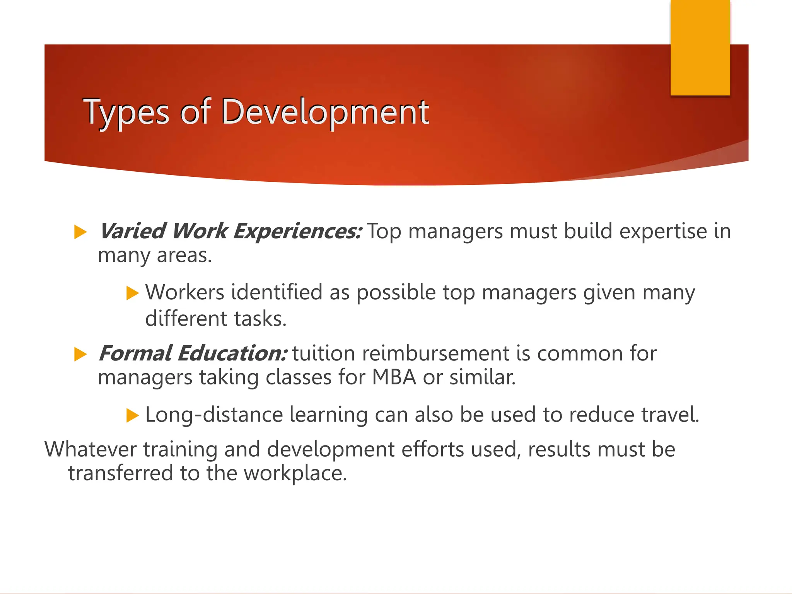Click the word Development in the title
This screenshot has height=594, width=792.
pos(325,112)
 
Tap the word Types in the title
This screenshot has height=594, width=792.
pos(126,112)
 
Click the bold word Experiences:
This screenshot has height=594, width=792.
pos(298,231)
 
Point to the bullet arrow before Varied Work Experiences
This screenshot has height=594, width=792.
pos(80,232)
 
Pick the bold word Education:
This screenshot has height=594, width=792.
pos(232,353)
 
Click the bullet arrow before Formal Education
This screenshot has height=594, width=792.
pos(80,354)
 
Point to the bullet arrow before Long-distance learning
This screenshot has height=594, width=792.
pos(132,416)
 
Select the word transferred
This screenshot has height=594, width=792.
pos(120,473)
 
